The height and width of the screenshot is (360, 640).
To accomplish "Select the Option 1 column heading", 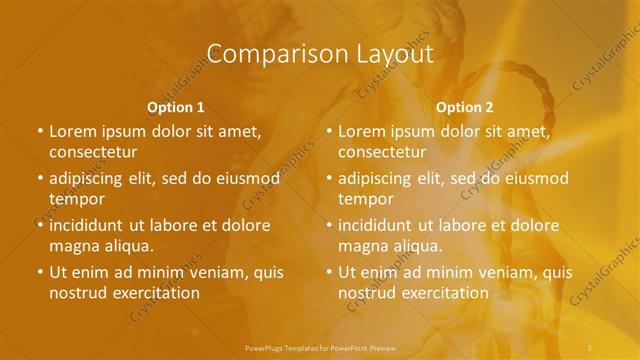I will [x=176, y=106].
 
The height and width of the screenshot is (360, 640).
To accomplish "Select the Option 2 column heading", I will [x=466, y=106].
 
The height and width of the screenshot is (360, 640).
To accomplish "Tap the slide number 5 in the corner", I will [x=593, y=347].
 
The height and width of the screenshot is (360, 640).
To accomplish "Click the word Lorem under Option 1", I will [x=72, y=131].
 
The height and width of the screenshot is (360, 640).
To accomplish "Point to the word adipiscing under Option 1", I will [x=90, y=178].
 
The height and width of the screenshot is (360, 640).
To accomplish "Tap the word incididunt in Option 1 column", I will [x=89, y=225].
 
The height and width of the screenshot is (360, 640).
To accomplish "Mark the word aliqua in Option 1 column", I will [x=127, y=246].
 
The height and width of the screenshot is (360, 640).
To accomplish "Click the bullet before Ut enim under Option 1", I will [x=39, y=272].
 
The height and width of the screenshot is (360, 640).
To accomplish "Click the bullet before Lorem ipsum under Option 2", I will [x=329, y=131].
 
